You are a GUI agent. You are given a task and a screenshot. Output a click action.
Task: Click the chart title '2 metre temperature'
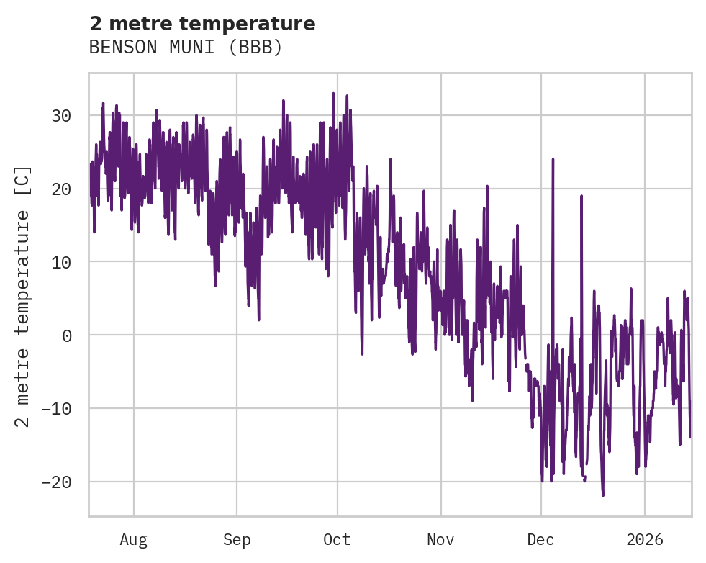pos(202,24)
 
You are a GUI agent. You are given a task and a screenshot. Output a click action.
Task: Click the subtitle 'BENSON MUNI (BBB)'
pos(186,48)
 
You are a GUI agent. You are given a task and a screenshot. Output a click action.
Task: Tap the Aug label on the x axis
pos(133,540)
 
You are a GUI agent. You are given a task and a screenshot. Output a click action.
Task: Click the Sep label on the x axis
pos(236,540)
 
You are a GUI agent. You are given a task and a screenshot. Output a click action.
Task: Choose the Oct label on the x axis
pos(337,540)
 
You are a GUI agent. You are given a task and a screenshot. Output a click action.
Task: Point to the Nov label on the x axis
pos(440,540)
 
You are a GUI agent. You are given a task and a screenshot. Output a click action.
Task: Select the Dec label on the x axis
pos(540,540)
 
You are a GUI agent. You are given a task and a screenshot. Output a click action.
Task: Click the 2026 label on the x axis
pos(645,540)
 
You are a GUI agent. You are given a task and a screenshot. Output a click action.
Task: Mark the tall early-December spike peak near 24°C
pos(553,159)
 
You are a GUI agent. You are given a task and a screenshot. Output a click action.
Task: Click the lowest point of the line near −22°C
pos(603,495)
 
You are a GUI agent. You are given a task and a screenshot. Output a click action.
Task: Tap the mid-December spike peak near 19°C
pos(581,196)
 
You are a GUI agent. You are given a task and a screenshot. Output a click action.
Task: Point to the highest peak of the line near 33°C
pos(333,93)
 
